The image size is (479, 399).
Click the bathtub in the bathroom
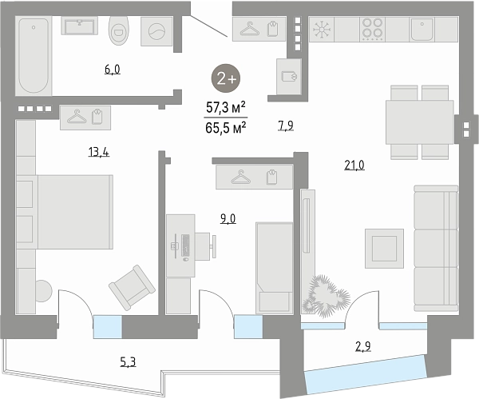[x=34, y=55]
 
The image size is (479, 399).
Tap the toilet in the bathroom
[x=118, y=30]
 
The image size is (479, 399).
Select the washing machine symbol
[x=156, y=31]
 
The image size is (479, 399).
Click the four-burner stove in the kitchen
[x=373, y=30]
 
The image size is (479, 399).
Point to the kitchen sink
[x=422, y=30]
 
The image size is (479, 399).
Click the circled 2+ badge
[x=226, y=79]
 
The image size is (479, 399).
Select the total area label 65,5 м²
[x=226, y=127]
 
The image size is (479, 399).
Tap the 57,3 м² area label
[x=226, y=107]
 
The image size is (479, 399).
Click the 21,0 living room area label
[x=354, y=166]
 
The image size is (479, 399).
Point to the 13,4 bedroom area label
[x=99, y=152]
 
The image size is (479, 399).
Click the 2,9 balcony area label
[x=363, y=347]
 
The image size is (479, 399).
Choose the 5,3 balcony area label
[x=128, y=362]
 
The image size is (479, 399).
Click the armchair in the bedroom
[x=132, y=287]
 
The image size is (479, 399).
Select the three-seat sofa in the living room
[x=436, y=249]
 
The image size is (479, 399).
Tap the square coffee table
[x=384, y=249]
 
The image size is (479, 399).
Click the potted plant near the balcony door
[x=326, y=296]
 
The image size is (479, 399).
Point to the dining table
[x=419, y=122]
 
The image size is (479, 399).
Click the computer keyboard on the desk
[x=185, y=245]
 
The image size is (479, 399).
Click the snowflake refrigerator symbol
[x=322, y=30]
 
